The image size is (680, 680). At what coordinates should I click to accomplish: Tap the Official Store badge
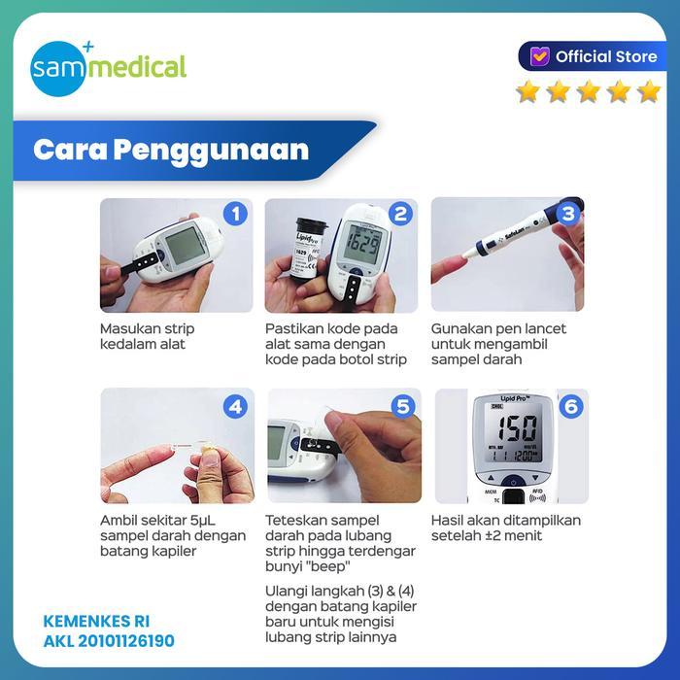589,56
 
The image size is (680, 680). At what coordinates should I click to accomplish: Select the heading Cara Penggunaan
171,151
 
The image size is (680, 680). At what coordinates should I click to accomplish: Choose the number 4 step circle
234,406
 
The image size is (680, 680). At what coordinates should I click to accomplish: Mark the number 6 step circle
570,406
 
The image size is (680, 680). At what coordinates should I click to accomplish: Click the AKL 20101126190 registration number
109,641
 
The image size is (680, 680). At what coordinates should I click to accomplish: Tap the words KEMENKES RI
98,620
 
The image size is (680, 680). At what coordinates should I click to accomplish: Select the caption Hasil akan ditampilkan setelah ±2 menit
505,527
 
